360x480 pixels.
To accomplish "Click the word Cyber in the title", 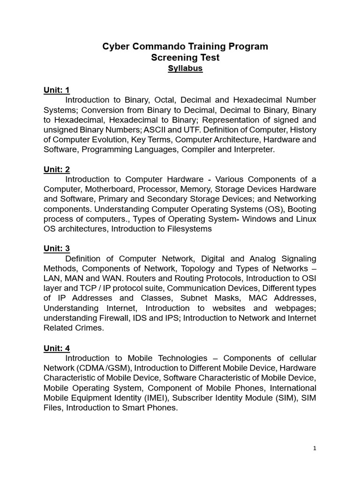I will (x=115, y=46).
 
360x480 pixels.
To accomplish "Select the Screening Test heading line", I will (x=185, y=58).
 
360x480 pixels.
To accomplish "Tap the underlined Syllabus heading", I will (x=185, y=68).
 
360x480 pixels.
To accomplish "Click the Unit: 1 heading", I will (x=57, y=90).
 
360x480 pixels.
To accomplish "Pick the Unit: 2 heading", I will (x=57, y=169).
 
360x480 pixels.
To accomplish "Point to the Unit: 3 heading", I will (x=57, y=248).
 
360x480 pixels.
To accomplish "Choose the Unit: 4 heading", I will (x=57, y=348).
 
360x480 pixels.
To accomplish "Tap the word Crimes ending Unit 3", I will (x=89, y=328).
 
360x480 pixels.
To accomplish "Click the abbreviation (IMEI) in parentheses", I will (x=158, y=398).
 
